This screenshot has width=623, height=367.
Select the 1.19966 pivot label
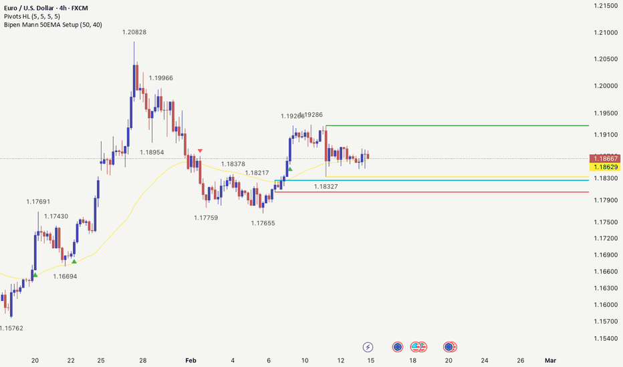pos(160,78)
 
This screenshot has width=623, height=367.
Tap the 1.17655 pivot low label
pos(263,223)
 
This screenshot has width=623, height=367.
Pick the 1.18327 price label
pos(326,187)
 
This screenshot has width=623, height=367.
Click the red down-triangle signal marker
pos(200,151)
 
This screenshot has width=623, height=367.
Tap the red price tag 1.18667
pos(606,158)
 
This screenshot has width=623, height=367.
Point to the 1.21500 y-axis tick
pos(605,5)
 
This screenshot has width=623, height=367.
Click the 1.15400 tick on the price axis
pos(605,338)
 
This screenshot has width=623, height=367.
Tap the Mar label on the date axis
pos(550,360)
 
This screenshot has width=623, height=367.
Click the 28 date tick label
pos(143,360)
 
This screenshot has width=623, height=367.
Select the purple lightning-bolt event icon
pos(368,347)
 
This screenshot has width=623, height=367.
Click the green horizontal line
pos(468,125)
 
